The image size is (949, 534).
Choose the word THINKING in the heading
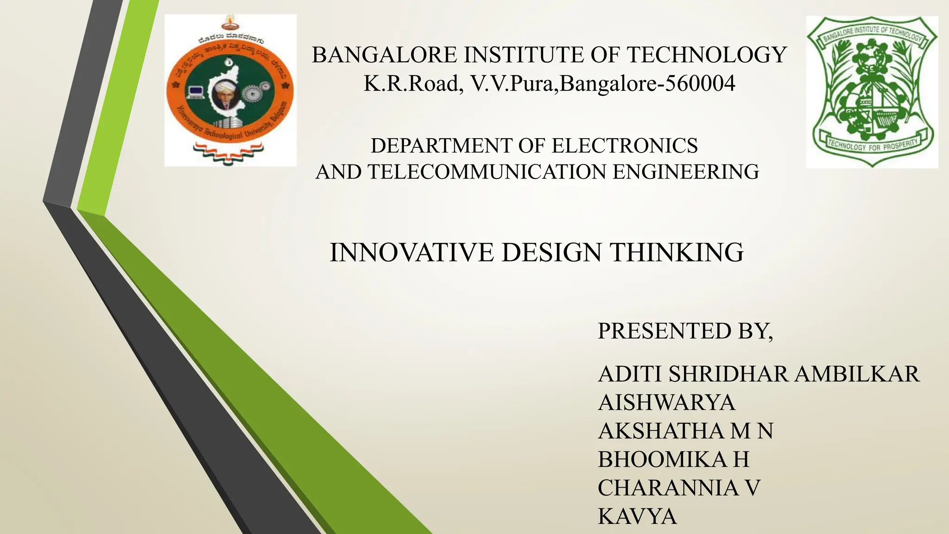tap(676, 253)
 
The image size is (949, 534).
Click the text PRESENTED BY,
tap(685, 331)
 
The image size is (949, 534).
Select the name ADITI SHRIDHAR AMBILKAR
tap(758, 374)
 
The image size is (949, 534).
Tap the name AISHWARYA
tap(666, 402)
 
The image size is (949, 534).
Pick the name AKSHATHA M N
tap(685, 431)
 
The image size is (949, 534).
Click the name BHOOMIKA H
tap(673, 460)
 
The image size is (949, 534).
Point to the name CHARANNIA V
tap(679, 488)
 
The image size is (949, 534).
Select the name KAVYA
tap(637, 516)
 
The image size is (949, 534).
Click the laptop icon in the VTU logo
tap(196, 91)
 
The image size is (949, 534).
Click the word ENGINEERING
tap(686, 172)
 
